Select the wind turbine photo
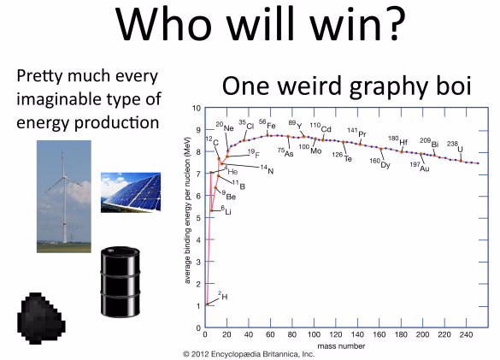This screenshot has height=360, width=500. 64,197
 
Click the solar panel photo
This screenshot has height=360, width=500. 131,192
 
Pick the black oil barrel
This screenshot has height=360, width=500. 121,282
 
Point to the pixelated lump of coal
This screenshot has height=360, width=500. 41,318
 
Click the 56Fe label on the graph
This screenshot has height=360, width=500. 268,124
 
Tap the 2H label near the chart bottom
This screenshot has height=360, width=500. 223,296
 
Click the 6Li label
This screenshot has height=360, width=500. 226,210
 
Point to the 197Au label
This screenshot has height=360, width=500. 420,166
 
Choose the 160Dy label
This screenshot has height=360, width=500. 380,162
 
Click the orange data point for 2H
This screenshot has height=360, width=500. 208,304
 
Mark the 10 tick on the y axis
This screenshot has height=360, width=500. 197,109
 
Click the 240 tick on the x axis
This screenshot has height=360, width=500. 466,334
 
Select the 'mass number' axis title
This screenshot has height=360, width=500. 341,346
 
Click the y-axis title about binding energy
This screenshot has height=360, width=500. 187,210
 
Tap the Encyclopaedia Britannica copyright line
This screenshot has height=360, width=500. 249,354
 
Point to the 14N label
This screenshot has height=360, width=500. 268,169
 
